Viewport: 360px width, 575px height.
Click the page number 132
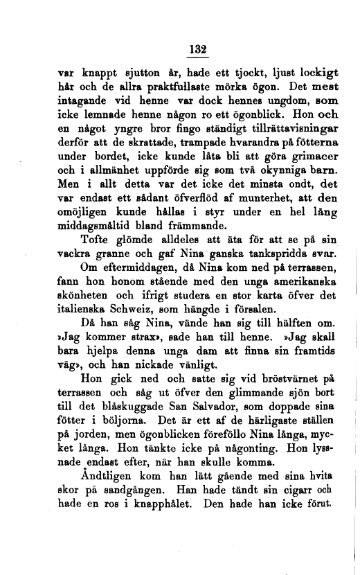[x=199, y=49]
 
